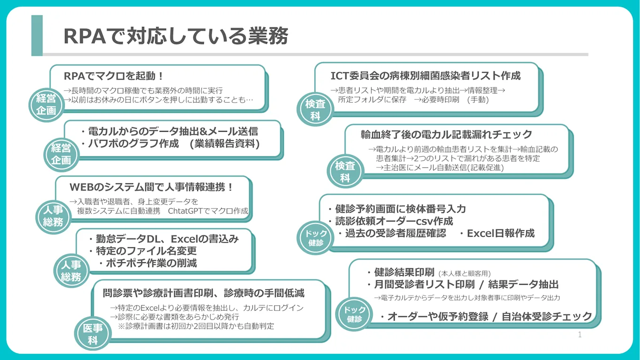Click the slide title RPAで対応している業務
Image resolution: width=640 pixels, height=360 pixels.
pos(176,36)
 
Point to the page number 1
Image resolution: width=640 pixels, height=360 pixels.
pos(580,335)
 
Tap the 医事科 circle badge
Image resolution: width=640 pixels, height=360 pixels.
pos(93,334)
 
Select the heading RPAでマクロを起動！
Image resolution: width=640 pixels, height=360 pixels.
pos(113,76)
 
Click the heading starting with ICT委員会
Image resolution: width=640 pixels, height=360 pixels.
pos(425,76)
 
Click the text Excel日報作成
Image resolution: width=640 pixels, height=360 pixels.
pos(501,233)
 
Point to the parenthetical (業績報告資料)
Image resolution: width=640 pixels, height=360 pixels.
pos(224,144)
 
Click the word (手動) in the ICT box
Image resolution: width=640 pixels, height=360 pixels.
pos(478,100)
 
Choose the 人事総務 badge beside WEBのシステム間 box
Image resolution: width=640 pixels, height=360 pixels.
pos(53,216)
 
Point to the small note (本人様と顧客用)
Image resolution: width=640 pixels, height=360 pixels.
pos(464,273)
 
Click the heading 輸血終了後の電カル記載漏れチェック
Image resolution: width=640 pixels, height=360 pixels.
pos(447,134)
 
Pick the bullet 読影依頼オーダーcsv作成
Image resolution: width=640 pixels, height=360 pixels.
pos(393,221)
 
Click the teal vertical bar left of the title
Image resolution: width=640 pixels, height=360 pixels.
pos(37,36)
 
